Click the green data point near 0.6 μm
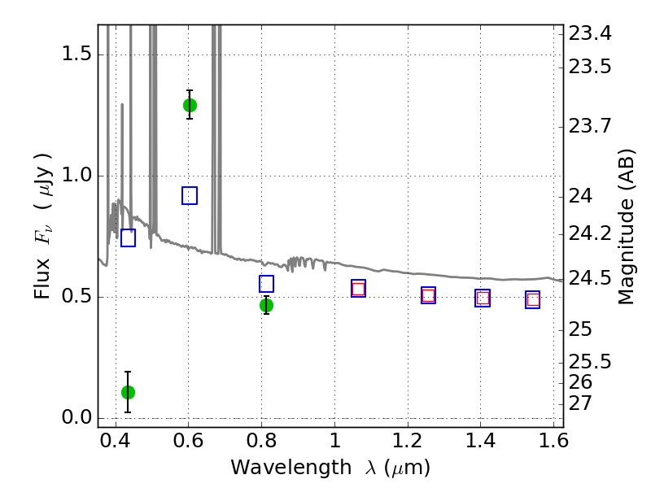(x=190, y=106)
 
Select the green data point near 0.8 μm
(x=267, y=306)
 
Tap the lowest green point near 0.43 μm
(x=128, y=392)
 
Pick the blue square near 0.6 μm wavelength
(x=190, y=195)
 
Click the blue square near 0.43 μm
(x=129, y=237)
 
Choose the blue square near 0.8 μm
(x=267, y=284)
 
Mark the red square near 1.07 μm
(x=358, y=289)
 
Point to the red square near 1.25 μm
(x=429, y=295)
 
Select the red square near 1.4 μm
(x=483, y=298)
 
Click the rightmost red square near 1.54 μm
(x=533, y=299)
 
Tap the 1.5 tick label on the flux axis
(x=76, y=54)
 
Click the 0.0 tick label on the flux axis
(x=76, y=417)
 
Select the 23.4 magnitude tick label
(x=589, y=33)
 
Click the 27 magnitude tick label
(x=580, y=403)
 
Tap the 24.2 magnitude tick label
(x=589, y=234)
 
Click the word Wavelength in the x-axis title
(x=291, y=468)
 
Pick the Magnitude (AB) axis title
(x=627, y=227)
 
